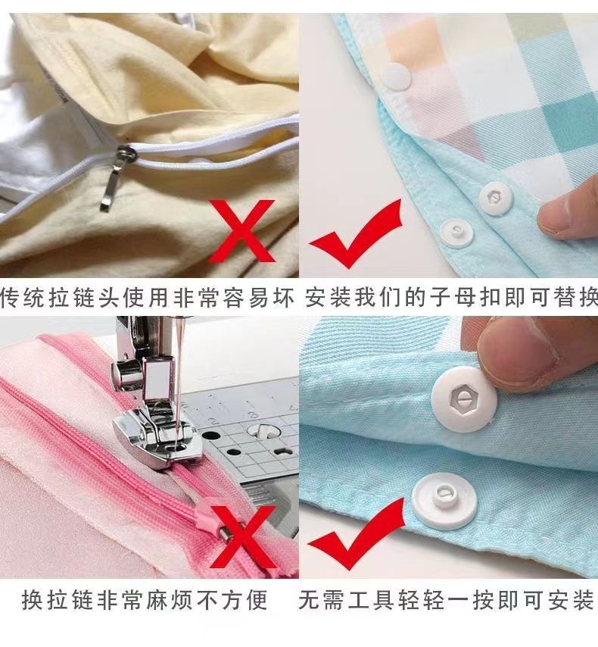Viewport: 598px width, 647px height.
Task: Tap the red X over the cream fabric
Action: pos(241,231)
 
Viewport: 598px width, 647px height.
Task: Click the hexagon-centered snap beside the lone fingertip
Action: pos(496,198)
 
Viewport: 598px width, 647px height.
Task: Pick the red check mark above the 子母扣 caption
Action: pos(357,233)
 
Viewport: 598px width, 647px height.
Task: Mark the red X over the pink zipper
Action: pos(242,537)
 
